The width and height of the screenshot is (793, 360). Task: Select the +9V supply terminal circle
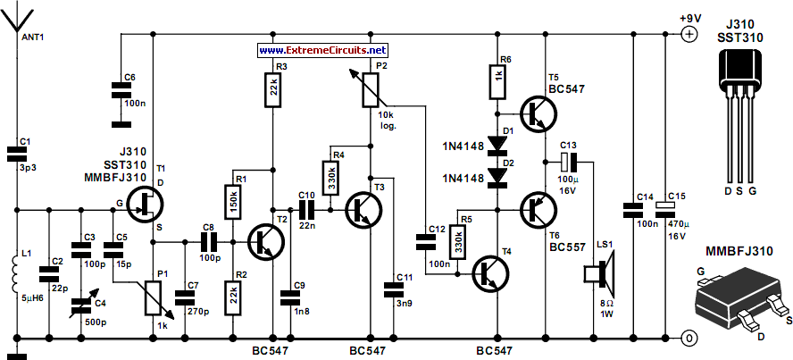689,35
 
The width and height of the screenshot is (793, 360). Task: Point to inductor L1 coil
18,269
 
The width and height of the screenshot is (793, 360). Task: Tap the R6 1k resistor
494,82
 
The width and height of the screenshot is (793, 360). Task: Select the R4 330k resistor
330,176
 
